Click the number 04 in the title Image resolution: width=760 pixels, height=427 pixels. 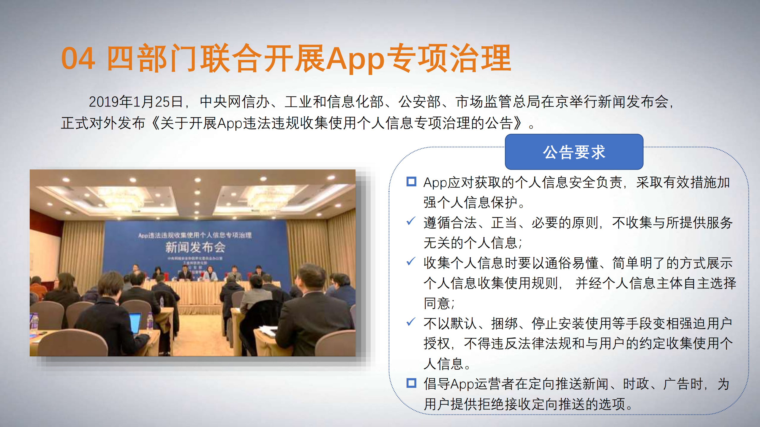(78, 59)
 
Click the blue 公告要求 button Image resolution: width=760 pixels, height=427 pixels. (574, 152)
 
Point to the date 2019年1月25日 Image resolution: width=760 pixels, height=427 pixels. (135, 102)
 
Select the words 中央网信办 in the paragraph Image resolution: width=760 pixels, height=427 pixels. (234, 102)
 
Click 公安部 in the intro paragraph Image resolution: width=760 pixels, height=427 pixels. (419, 102)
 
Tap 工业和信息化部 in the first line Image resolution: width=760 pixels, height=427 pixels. (334, 102)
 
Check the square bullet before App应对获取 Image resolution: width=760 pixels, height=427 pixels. (411, 182)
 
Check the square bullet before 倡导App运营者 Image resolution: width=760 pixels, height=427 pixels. (411, 383)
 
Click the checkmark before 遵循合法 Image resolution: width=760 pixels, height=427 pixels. (411, 221)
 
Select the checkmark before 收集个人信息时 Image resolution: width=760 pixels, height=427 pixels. (411, 261)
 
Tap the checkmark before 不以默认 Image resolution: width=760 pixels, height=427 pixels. (411, 322)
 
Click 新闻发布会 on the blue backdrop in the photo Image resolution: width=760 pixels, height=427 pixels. (195, 247)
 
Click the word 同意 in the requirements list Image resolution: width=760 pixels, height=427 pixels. (437, 304)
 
